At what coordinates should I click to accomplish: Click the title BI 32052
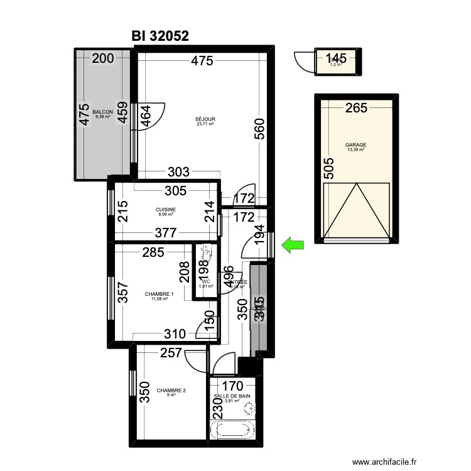pyautogui.click(x=161, y=36)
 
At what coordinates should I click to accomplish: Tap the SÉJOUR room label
pyautogui.click(x=205, y=119)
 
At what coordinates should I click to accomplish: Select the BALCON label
pyautogui.click(x=103, y=112)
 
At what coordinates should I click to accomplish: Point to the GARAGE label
pyautogui.click(x=355, y=145)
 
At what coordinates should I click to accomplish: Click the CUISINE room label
pyautogui.click(x=166, y=210)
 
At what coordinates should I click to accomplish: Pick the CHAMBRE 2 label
pyautogui.click(x=171, y=390)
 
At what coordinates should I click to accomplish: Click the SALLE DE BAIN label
pyautogui.click(x=232, y=396)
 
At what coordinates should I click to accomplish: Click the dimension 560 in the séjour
pyautogui.click(x=261, y=129)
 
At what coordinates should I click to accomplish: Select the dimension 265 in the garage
pyautogui.click(x=355, y=108)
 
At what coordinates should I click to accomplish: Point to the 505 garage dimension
pyautogui.click(x=328, y=168)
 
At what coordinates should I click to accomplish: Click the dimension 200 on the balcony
pyautogui.click(x=103, y=60)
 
